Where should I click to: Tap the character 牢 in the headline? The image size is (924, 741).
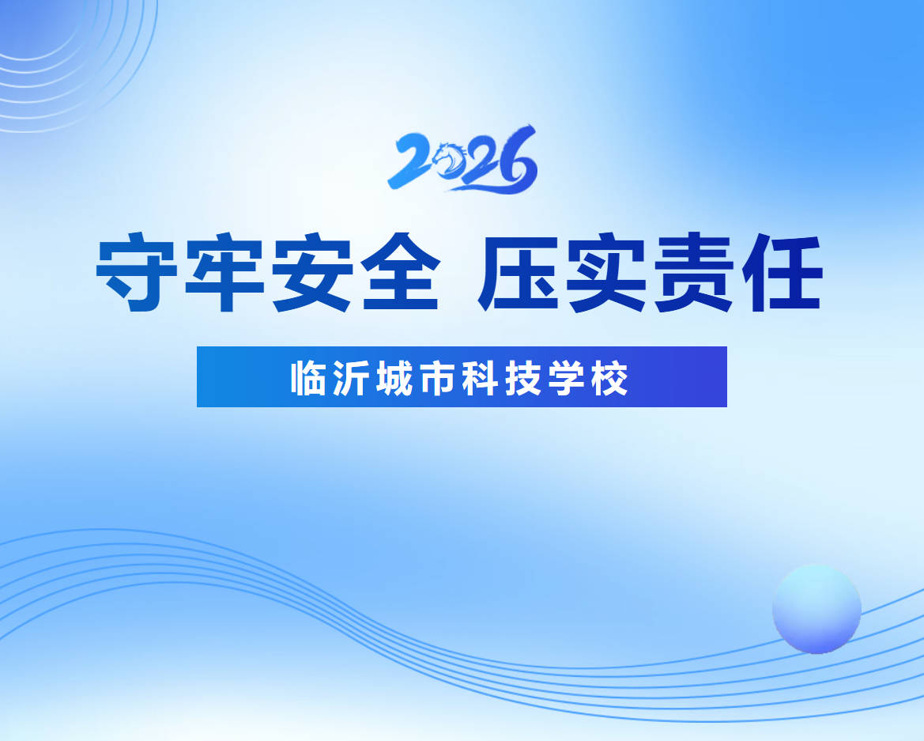pyautogui.click(x=224, y=272)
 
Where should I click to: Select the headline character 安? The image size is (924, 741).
pyautogui.click(x=310, y=272)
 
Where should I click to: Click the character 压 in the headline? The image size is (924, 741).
pyautogui.click(x=520, y=272)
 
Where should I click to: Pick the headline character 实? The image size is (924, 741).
pyautogui.click(x=606, y=272)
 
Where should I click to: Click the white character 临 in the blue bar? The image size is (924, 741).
pyautogui.click(x=309, y=377)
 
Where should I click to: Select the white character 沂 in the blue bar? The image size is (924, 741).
pyautogui.click(x=352, y=377)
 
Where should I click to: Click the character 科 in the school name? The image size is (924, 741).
pyautogui.click(x=481, y=377)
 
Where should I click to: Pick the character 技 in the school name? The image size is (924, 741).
pyautogui.click(x=523, y=377)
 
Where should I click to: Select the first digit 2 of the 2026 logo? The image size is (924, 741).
pyautogui.click(x=409, y=161)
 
